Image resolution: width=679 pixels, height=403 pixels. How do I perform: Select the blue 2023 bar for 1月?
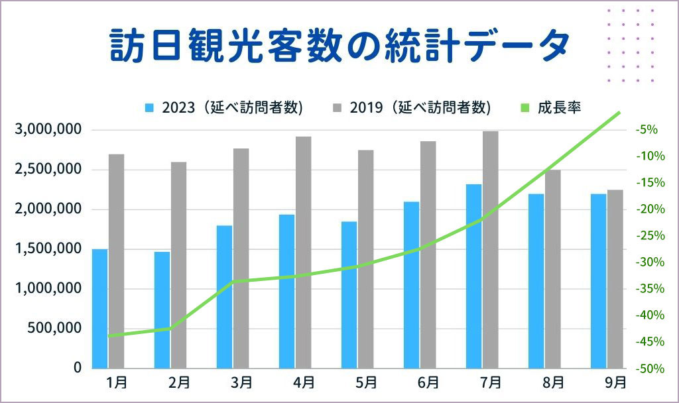coord(99,308)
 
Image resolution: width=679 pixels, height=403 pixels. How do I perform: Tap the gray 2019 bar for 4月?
coord(304,252)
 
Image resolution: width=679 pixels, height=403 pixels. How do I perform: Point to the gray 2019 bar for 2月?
coord(178,264)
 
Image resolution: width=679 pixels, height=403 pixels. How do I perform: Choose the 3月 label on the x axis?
coord(242,382)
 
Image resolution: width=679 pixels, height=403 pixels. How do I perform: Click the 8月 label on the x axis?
coord(553,382)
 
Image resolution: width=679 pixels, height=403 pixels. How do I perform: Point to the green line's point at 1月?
coord(108,336)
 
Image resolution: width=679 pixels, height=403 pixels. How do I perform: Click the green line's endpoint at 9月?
coord(619,113)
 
